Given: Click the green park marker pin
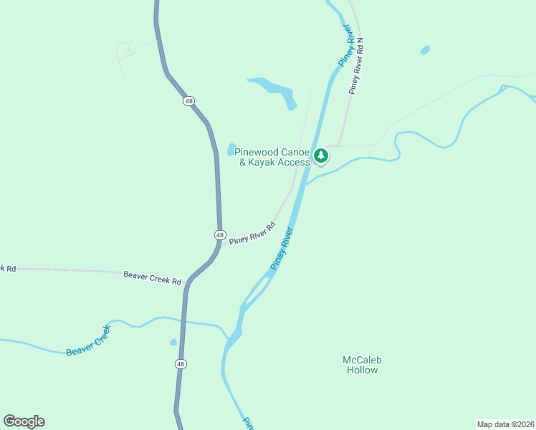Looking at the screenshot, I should click(322, 155).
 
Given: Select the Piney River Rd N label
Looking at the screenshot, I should click(356, 67).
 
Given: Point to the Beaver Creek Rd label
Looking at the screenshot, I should click(152, 277).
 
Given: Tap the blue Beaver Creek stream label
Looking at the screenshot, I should click(89, 340).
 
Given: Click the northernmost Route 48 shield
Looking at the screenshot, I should click(188, 101).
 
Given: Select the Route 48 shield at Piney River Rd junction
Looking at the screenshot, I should click(220, 235).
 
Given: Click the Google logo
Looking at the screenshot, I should click(24, 421).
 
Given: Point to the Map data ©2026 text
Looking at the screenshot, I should click(505, 424).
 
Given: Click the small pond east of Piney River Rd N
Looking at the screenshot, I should click(425, 50).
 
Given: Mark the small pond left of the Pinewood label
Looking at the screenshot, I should click(231, 149).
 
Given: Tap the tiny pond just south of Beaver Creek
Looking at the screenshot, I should click(173, 343).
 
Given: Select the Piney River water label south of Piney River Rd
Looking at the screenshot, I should click(282, 249).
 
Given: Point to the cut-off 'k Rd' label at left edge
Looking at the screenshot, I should click(8, 268).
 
